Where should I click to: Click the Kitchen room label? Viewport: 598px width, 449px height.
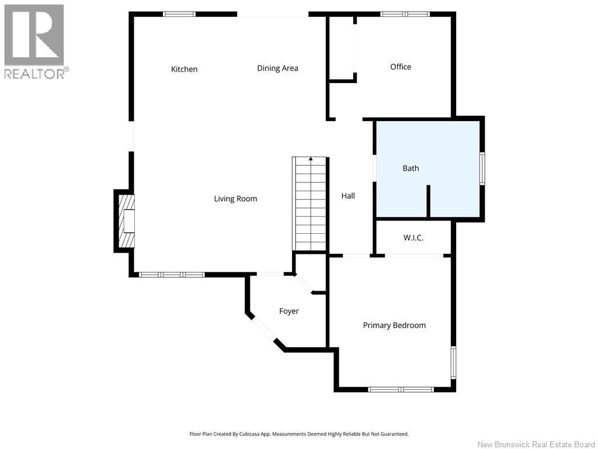[184, 69]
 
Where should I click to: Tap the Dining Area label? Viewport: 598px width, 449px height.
[277, 68]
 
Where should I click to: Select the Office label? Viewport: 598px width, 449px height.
[401, 67]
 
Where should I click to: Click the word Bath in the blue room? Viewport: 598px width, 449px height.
[411, 168]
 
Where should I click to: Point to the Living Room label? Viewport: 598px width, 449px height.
[235, 199]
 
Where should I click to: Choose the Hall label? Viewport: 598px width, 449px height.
[348, 196]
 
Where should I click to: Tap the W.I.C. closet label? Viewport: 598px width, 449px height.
[413, 238]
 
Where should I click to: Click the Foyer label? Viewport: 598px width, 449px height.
[288, 311]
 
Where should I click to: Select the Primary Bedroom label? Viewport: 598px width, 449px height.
[394, 325]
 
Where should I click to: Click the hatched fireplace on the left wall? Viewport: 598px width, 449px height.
[126, 221]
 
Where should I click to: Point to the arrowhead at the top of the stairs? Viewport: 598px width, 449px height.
[311, 158]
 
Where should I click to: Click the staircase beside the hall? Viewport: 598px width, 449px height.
[310, 203]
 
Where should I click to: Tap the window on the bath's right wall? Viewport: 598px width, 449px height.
[482, 168]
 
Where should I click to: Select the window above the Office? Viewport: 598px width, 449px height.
[405, 14]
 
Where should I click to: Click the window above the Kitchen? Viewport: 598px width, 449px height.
[179, 14]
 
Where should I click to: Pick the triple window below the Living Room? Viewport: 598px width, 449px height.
[172, 275]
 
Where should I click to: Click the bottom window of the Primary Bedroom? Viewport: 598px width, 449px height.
[401, 389]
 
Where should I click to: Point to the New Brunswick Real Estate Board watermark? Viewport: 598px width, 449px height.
[536, 444]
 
